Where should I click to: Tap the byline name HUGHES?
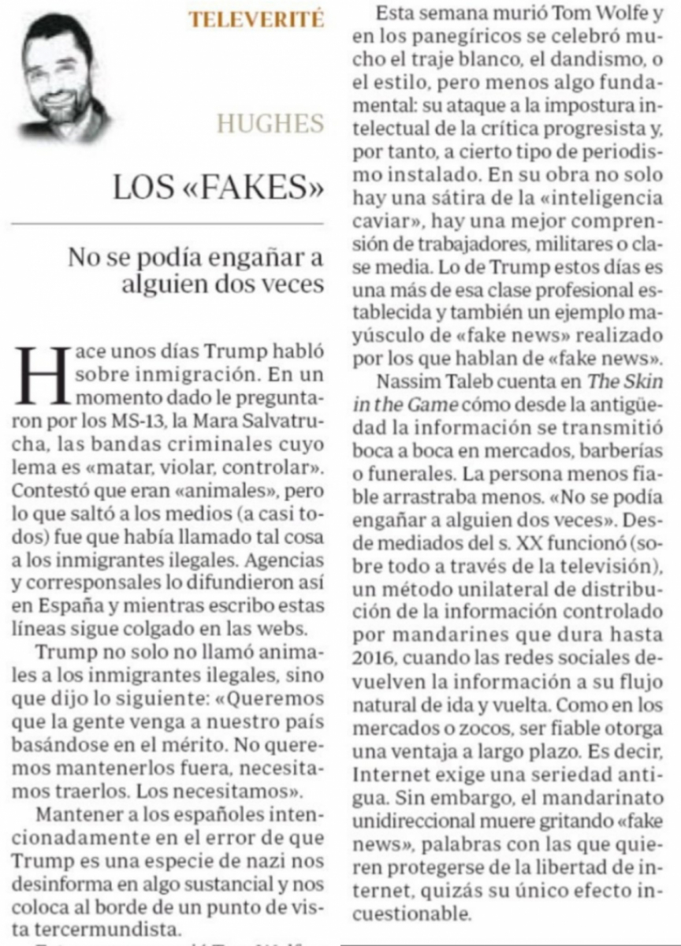270,124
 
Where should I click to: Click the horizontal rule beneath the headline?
167,224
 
